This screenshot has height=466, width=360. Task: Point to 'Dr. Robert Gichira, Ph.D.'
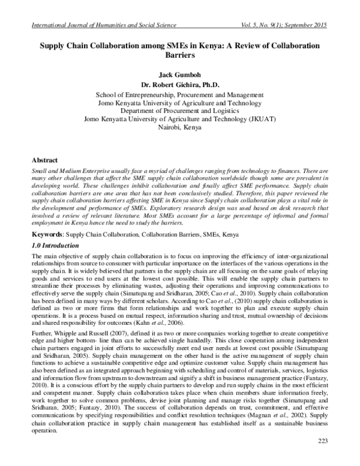click(180, 85)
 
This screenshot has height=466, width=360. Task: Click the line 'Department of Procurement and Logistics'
click(180, 110)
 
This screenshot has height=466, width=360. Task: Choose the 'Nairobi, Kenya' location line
click(180, 127)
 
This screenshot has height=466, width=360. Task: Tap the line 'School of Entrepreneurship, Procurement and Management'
click(180, 94)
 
